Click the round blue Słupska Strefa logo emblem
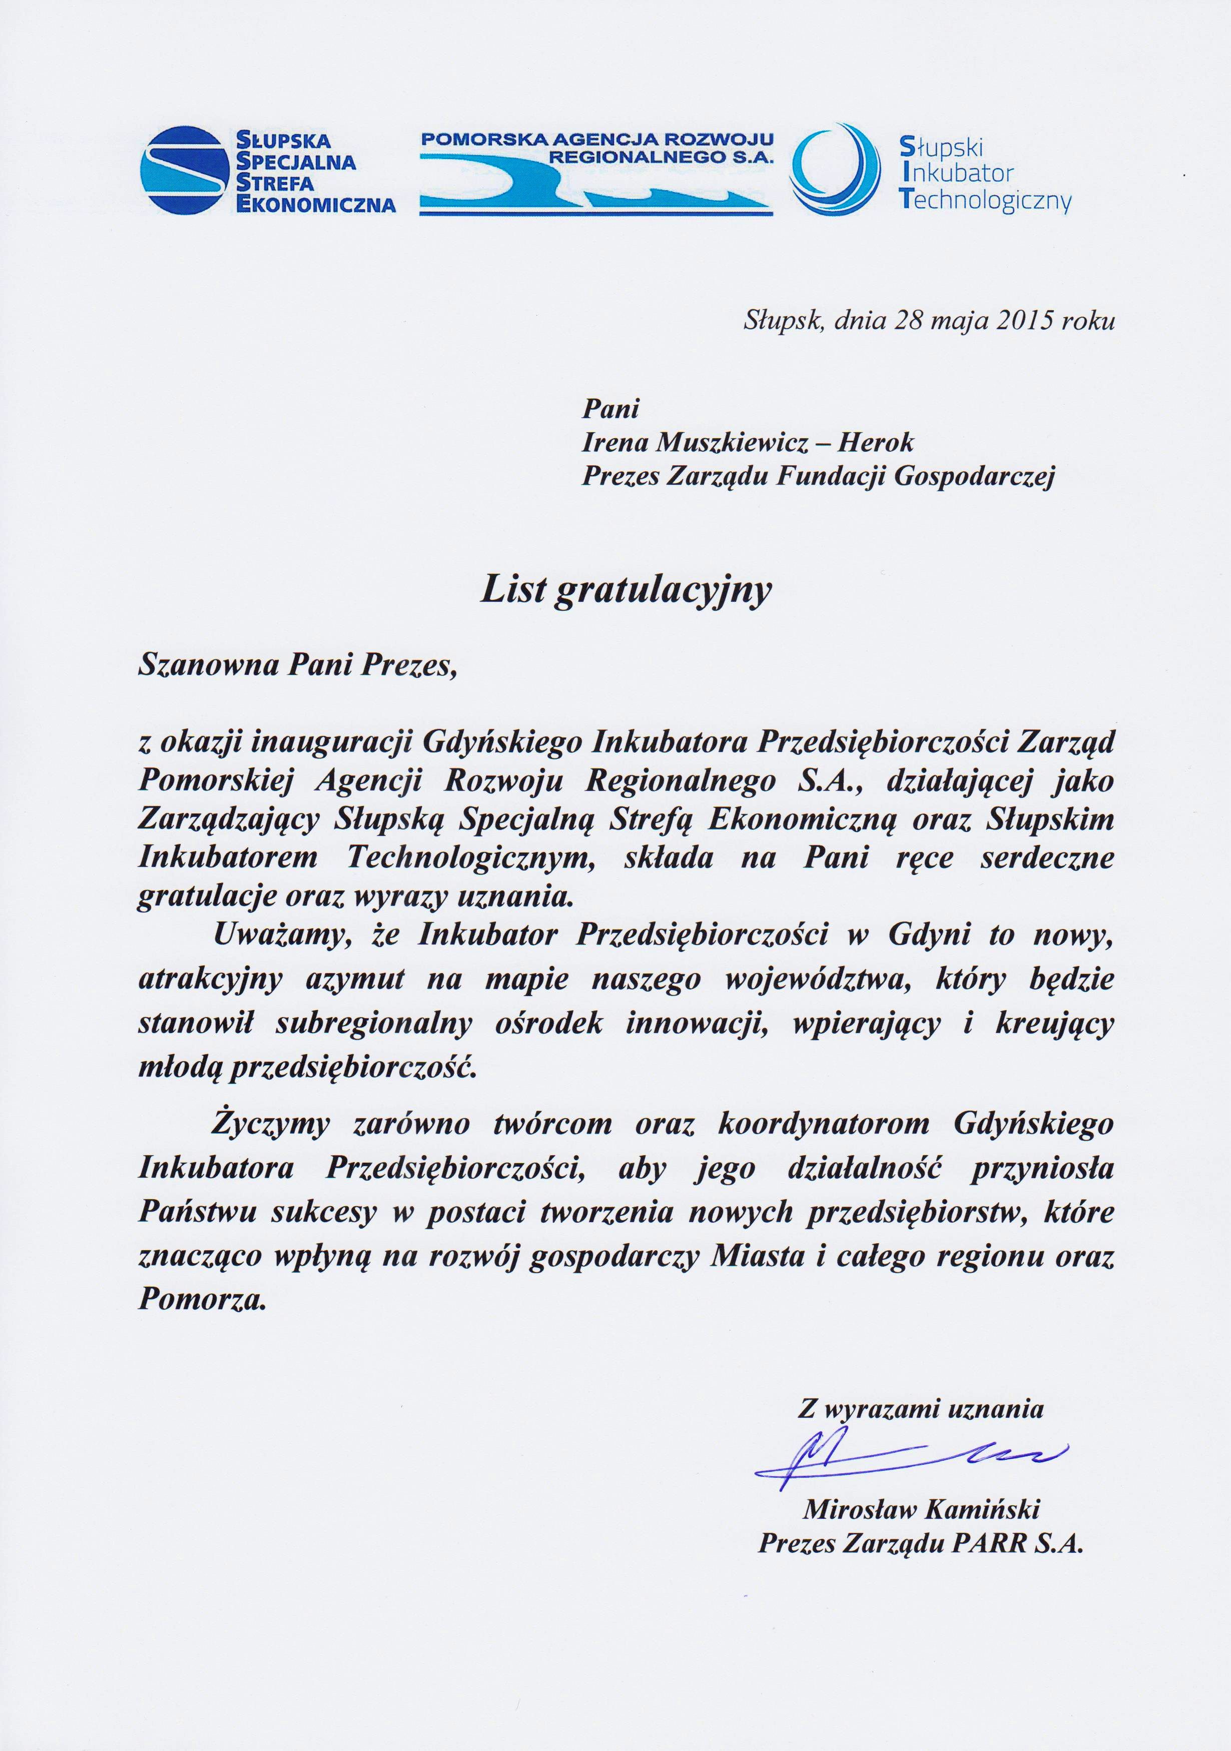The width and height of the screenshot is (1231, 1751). tap(185, 169)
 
